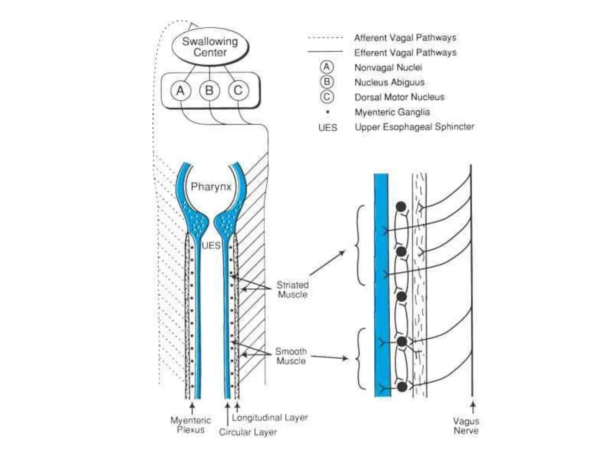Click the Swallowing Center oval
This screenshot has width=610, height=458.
point(210,47)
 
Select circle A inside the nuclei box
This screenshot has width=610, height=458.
point(180,90)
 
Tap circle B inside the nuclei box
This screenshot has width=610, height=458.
point(209,90)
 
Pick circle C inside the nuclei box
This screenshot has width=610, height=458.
point(238,90)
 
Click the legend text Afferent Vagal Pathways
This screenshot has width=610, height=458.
point(405,38)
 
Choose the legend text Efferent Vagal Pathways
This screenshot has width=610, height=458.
point(405,53)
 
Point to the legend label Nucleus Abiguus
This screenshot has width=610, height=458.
point(389,82)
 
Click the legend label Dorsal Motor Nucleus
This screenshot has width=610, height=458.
point(399,97)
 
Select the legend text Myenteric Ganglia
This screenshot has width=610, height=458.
point(392,112)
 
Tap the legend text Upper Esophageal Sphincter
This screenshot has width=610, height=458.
point(414,127)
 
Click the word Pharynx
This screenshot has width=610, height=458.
point(211,187)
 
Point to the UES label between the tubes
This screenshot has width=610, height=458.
point(211,245)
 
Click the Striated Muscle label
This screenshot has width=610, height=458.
point(292,290)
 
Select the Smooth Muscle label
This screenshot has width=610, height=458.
point(291,356)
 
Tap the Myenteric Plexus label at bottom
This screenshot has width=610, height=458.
point(191,425)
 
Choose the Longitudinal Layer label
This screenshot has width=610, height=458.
point(270,417)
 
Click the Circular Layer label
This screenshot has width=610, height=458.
point(248,432)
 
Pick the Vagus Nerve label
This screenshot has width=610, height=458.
point(466,426)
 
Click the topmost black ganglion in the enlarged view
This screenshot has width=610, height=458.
point(401,207)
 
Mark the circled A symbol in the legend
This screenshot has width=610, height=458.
point(327,67)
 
